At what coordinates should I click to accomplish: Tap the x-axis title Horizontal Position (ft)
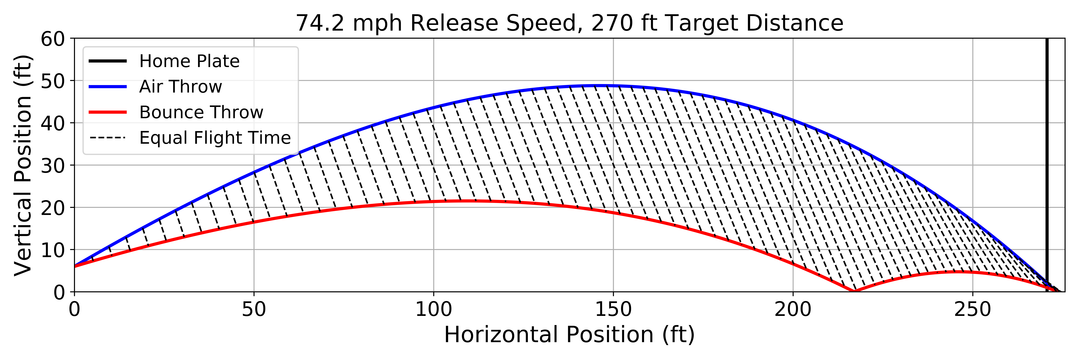[x=569, y=335]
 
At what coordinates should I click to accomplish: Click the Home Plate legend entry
[x=189, y=61]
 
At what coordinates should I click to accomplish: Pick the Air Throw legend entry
[x=180, y=87]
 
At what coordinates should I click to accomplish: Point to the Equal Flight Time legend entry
[x=215, y=138]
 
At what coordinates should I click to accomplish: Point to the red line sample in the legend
[x=108, y=112]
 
